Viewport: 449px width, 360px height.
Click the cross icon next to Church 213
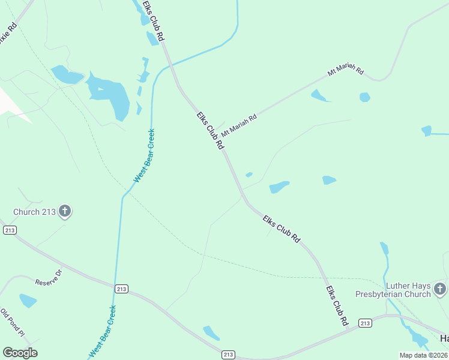(65, 211)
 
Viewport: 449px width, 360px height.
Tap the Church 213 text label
(35, 212)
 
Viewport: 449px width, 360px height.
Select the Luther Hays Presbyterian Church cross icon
(440, 289)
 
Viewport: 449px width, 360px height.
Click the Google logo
(20, 353)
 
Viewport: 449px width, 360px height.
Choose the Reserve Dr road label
(48, 278)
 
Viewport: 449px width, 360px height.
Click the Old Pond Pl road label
(12, 323)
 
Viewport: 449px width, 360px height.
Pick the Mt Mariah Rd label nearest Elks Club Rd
(239, 125)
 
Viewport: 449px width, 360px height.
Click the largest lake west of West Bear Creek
(109, 94)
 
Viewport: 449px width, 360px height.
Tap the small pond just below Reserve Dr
(28, 300)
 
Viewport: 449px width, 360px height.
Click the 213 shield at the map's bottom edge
(228, 355)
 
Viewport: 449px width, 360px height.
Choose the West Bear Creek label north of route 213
(144, 155)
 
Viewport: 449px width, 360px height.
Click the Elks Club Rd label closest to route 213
(337, 306)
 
